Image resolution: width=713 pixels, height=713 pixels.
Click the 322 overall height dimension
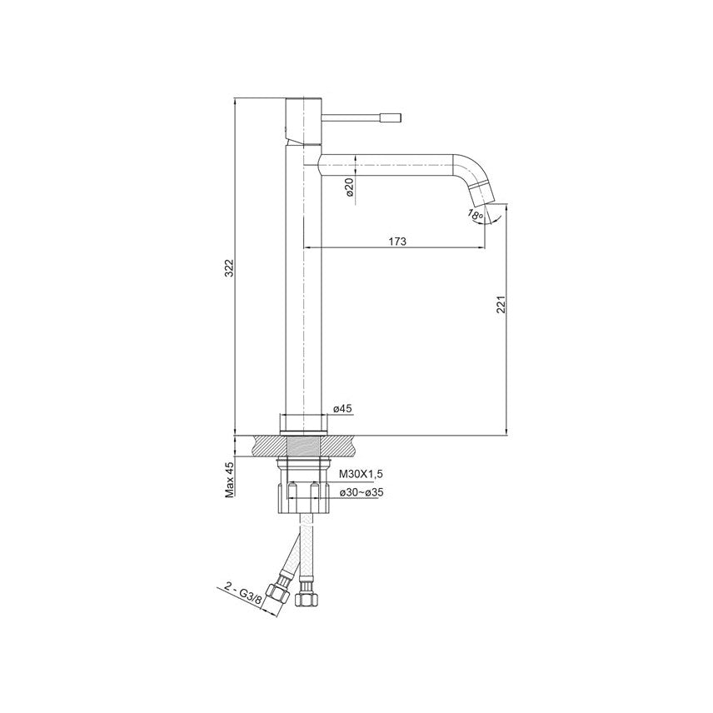pos(230,268)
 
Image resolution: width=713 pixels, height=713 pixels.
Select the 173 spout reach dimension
pos(397,241)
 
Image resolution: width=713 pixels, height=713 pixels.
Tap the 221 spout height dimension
pos(501,305)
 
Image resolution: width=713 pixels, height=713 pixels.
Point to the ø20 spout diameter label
pos(349,187)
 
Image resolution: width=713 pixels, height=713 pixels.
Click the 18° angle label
pos(476,214)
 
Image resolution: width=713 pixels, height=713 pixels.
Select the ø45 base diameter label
pos(343,409)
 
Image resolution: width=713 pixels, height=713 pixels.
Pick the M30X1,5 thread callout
pos(361,474)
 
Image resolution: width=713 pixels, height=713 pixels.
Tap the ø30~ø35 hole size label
pos(361,492)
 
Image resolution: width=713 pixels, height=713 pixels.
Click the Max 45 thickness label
pos(230,479)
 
